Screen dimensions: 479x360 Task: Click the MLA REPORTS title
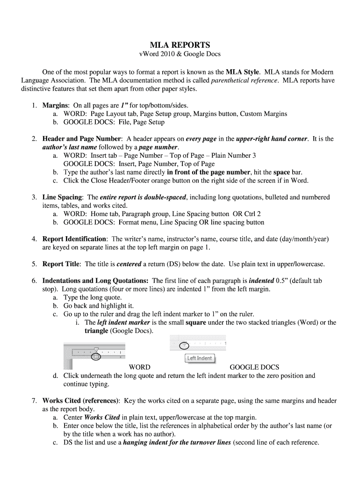(x=180, y=45)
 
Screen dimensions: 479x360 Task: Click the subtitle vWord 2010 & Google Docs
(x=180, y=55)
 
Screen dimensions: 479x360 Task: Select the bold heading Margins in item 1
(x=56, y=105)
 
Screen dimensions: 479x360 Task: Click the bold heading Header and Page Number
(x=82, y=139)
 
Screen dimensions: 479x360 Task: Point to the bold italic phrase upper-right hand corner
(x=272, y=139)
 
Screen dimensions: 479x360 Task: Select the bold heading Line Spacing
(x=63, y=197)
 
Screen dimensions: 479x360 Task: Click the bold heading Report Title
(x=61, y=264)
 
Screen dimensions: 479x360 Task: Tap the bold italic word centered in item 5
(x=129, y=264)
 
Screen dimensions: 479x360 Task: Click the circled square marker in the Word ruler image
(x=96, y=357)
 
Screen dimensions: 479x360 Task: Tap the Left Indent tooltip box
(x=200, y=358)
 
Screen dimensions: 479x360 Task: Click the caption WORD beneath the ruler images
(x=139, y=367)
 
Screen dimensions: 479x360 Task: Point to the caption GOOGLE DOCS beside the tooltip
(x=254, y=367)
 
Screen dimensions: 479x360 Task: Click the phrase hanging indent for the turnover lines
(x=177, y=443)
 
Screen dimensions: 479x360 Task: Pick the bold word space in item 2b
(x=282, y=172)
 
